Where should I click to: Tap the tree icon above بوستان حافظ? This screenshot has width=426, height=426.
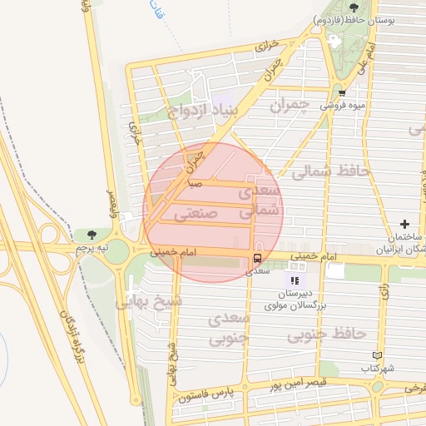(354, 7)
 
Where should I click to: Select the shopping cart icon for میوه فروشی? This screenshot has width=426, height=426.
(341, 93)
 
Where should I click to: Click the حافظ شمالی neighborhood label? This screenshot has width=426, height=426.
(335, 170)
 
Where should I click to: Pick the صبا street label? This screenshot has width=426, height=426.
(195, 181)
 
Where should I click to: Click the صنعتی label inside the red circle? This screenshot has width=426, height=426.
(196, 213)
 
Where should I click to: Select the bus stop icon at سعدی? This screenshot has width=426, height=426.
(256, 259)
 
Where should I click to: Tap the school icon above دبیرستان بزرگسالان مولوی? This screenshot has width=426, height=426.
(294, 280)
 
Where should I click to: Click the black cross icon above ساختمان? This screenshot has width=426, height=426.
(404, 224)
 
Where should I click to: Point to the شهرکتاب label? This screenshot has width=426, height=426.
(378, 368)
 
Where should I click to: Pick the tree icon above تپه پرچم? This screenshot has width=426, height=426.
(92, 235)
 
